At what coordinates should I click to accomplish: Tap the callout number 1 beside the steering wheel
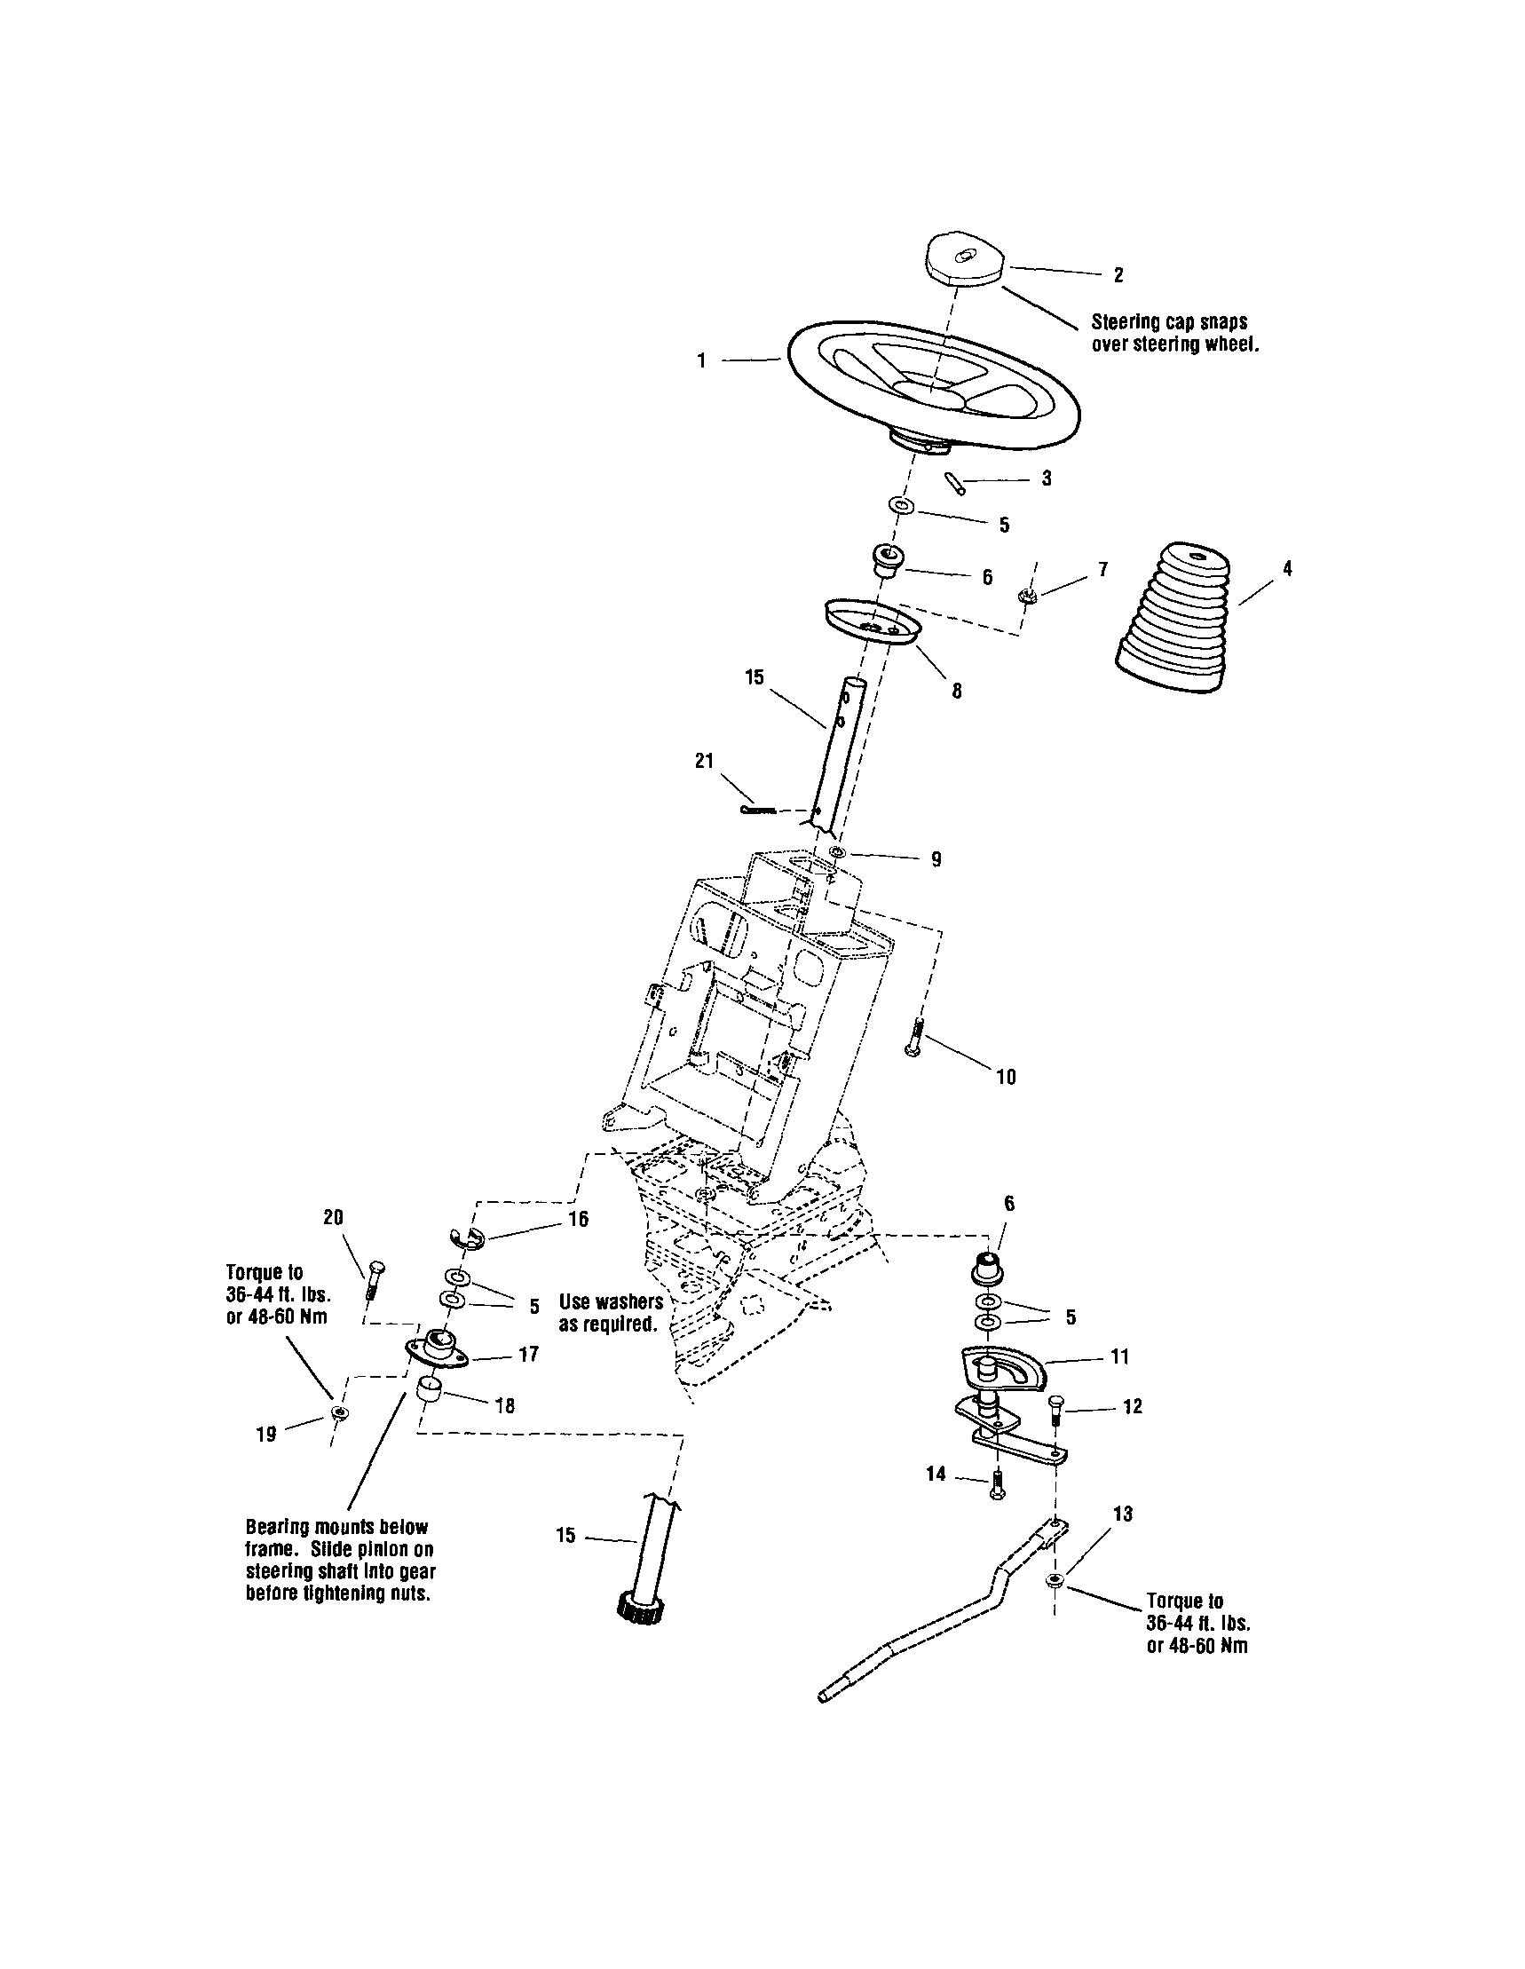(701, 360)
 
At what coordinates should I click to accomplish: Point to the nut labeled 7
(1024, 596)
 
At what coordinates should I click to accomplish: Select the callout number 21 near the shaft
(703, 761)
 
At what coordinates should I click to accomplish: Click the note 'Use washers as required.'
(611, 1313)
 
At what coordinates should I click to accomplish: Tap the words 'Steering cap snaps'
(1169, 322)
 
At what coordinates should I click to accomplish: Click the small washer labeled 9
(837, 852)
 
